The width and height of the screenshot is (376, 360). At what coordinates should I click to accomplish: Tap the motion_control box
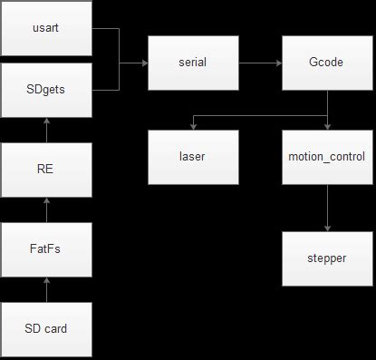click(x=326, y=156)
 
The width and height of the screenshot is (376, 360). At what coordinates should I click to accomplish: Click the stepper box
click(x=326, y=258)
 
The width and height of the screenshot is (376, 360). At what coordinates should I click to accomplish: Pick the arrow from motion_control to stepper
click(x=326, y=207)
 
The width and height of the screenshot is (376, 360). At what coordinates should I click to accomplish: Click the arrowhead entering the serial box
click(x=144, y=63)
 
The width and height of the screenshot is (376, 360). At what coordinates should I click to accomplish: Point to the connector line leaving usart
click(x=104, y=28)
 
